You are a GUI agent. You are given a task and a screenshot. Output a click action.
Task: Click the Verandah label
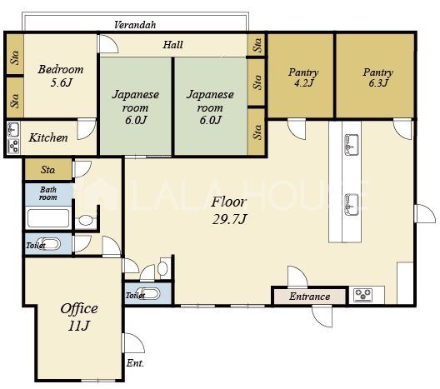point(135,25)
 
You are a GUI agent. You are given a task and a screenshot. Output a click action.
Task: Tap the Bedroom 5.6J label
point(61,76)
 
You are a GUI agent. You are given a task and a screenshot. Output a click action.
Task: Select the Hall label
point(172,45)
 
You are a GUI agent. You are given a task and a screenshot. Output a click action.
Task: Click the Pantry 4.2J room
point(301,76)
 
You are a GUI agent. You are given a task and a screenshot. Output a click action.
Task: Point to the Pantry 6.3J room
point(375,76)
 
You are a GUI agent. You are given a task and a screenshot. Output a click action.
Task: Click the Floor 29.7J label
point(229,211)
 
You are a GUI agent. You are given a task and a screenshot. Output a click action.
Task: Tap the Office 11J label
point(79,317)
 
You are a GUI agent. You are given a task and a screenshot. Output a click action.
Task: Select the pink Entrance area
point(309,297)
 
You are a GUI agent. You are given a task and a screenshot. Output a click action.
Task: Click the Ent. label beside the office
point(135,363)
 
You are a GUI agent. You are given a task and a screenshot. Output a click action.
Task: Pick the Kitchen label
point(48,137)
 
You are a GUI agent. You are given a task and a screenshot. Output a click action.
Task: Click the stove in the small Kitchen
point(13,146)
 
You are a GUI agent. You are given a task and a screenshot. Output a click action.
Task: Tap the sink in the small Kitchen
point(13,129)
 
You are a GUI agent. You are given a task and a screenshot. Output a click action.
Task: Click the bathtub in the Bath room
point(48,218)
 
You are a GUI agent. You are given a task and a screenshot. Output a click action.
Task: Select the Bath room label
point(48,193)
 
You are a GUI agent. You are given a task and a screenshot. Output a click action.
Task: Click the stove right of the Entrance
point(363,295)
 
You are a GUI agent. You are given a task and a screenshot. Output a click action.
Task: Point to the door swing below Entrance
point(322,317)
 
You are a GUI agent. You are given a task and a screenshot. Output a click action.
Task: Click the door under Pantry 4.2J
point(297,129)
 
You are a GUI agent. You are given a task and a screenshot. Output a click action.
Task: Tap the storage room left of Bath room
point(48,169)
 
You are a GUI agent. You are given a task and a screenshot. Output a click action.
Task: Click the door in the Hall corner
point(108,44)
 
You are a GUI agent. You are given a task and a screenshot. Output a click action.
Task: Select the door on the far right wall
point(425,214)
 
